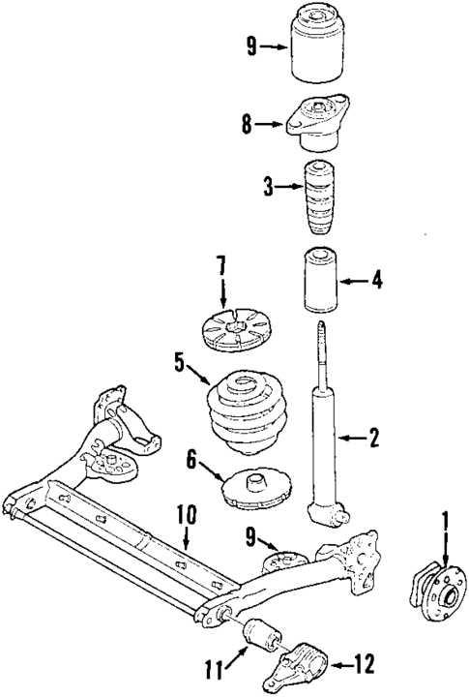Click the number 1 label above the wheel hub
click(445, 524)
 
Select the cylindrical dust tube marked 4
click(319, 281)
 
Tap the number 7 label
click(220, 264)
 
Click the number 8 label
click(247, 123)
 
